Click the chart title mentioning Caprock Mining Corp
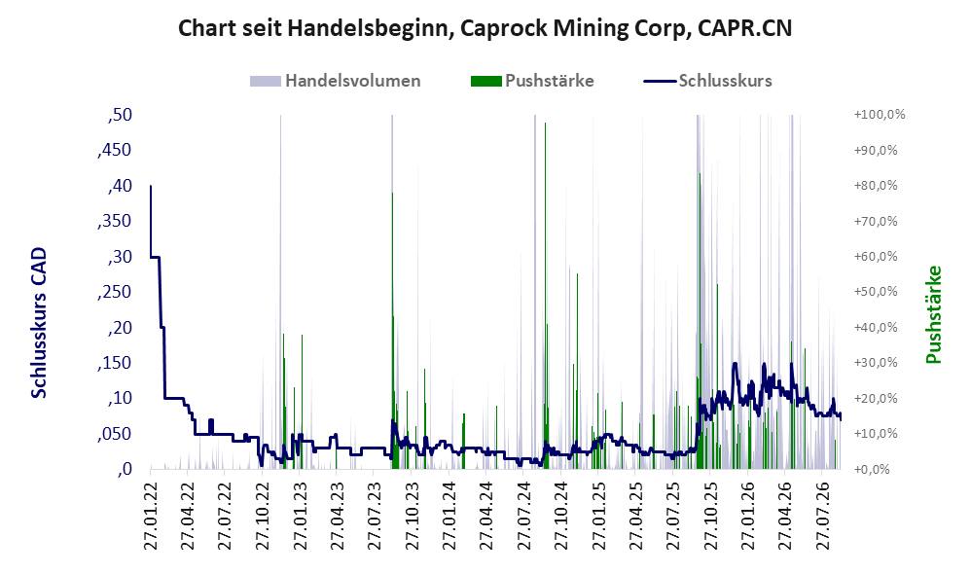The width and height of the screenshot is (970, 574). (x=485, y=28)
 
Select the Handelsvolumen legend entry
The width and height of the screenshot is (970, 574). (x=335, y=81)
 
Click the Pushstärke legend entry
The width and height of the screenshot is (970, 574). (x=532, y=81)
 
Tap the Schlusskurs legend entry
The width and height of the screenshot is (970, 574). (x=707, y=81)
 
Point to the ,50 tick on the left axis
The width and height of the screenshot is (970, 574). (x=120, y=115)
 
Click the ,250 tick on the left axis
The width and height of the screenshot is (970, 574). (x=115, y=292)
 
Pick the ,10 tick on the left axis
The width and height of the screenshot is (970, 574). (x=120, y=398)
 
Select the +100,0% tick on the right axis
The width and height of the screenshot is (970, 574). (x=880, y=115)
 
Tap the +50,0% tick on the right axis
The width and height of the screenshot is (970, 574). (x=876, y=292)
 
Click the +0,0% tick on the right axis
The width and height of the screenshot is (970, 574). (x=873, y=470)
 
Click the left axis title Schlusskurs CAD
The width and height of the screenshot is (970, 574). (x=39, y=322)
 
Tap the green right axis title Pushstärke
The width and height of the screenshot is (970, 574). (x=933, y=314)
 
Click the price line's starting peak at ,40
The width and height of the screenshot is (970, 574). (x=151, y=186)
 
